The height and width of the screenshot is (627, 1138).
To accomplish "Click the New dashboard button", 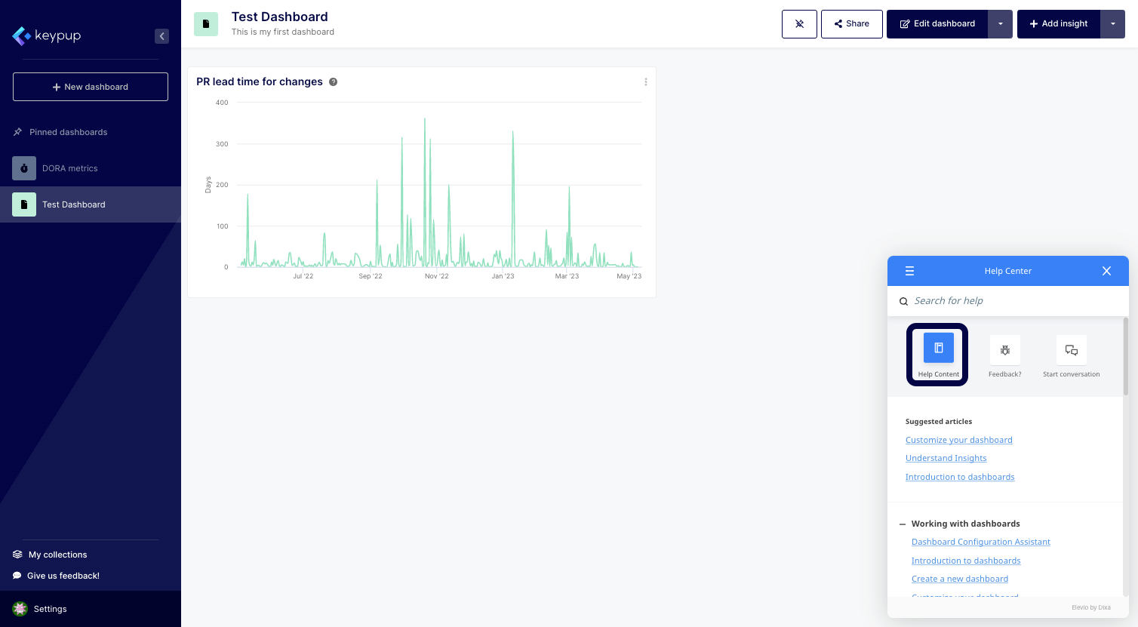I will tap(91, 87).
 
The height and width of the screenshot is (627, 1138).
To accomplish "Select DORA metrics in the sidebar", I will tap(69, 168).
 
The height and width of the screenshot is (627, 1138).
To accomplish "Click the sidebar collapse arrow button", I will tap(161, 36).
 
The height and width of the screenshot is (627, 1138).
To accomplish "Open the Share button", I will tap(851, 24).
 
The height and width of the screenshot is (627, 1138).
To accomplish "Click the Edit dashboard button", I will tap(937, 24).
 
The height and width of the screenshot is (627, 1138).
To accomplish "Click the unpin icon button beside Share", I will tap(799, 24).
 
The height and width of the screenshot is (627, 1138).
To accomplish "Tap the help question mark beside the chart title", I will tap(333, 82).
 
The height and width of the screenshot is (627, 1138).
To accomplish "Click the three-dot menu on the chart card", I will tap(645, 82).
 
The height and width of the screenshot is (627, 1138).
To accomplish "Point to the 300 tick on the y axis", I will tap(222, 144).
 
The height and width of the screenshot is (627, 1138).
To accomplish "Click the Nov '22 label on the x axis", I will tap(436, 276).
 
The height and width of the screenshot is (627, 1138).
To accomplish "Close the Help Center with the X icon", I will tap(1106, 271).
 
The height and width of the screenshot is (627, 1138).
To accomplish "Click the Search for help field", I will tap(1011, 301).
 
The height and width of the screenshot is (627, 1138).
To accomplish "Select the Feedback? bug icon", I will tap(1004, 350).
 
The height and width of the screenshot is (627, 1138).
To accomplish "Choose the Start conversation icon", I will tap(1071, 350).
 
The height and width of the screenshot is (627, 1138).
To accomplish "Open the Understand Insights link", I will tap(946, 458).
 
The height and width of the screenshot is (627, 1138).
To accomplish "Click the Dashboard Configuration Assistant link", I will tap(980, 542).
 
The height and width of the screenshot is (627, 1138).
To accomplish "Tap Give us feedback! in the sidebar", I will tap(63, 576).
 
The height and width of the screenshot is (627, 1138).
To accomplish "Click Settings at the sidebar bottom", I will tap(50, 609).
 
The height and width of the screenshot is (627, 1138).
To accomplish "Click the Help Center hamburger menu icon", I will tap(909, 271).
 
